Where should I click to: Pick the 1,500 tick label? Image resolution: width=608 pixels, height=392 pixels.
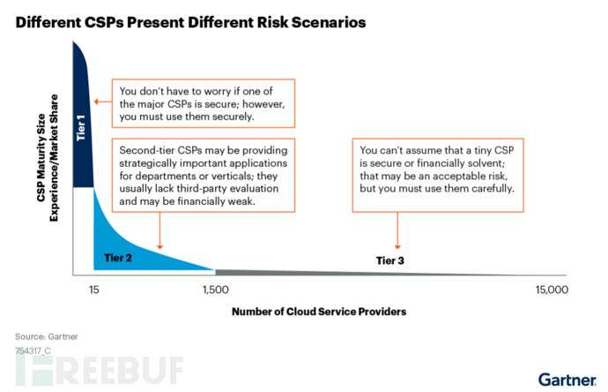coord(215,290)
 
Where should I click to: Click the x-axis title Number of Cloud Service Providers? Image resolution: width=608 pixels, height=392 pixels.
coord(318,312)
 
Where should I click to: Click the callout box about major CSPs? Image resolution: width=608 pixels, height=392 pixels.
coord(201,102)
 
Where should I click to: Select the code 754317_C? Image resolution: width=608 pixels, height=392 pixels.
coord(33,350)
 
